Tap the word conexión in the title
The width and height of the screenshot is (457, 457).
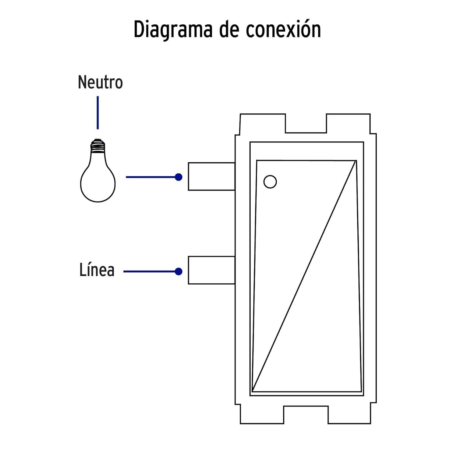(283, 30)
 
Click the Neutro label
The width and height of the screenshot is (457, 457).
(100, 83)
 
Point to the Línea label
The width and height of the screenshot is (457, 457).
(97, 270)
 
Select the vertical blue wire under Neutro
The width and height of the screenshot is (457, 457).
(98, 113)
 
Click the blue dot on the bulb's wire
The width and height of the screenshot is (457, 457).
(179, 177)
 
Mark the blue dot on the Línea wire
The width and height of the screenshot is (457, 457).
(179, 271)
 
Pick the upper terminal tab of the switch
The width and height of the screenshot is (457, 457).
(211, 177)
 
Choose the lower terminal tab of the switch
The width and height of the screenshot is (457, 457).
(211, 271)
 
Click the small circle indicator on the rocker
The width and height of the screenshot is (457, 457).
(270, 182)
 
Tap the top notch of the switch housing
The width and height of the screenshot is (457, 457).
(306, 124)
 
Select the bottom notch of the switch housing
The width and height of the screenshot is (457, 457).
(306, 414)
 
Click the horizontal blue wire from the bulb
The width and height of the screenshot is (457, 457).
(151, 177)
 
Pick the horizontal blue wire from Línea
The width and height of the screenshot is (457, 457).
(149, 271)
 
